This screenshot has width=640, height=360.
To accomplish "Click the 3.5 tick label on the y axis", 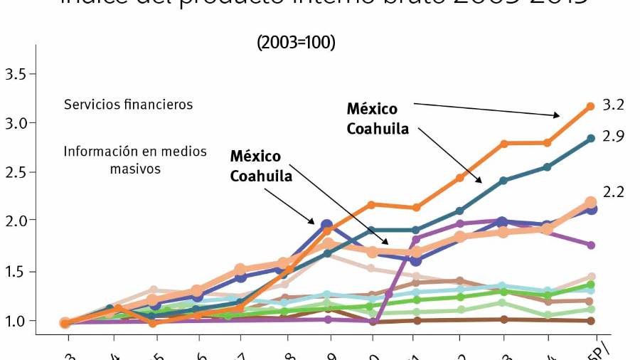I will (15, 74).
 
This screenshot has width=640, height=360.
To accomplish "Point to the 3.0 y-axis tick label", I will (15, 123).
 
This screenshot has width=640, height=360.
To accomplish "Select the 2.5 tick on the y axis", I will (15, 172).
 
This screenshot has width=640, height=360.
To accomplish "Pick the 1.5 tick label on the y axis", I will (15, 271).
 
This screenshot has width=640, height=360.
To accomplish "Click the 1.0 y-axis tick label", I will (15, 320).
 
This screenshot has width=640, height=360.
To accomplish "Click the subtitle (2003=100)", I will (296, 43).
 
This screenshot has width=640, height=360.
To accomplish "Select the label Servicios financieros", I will (128, 105).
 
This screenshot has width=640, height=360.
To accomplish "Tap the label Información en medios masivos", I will (135, 160).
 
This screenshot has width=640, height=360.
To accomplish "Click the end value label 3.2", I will (613, 105).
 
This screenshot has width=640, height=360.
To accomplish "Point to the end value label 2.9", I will (613, 137).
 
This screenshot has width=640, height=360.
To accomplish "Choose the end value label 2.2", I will (613, 192).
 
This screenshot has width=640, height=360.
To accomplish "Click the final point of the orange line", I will (590, 107).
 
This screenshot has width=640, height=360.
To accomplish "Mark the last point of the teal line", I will (590, 139).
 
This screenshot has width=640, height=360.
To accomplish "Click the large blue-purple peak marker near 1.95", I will (327, 226).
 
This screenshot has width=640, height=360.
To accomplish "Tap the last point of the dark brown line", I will (590, 321).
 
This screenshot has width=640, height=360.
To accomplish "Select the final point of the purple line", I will (590, 245).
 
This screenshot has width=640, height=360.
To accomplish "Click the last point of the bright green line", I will (590, 285).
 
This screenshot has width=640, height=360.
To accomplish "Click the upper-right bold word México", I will (372, 110).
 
